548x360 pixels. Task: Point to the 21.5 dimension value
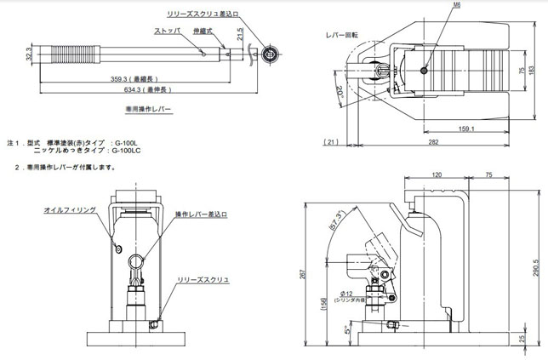coord(241,35)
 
